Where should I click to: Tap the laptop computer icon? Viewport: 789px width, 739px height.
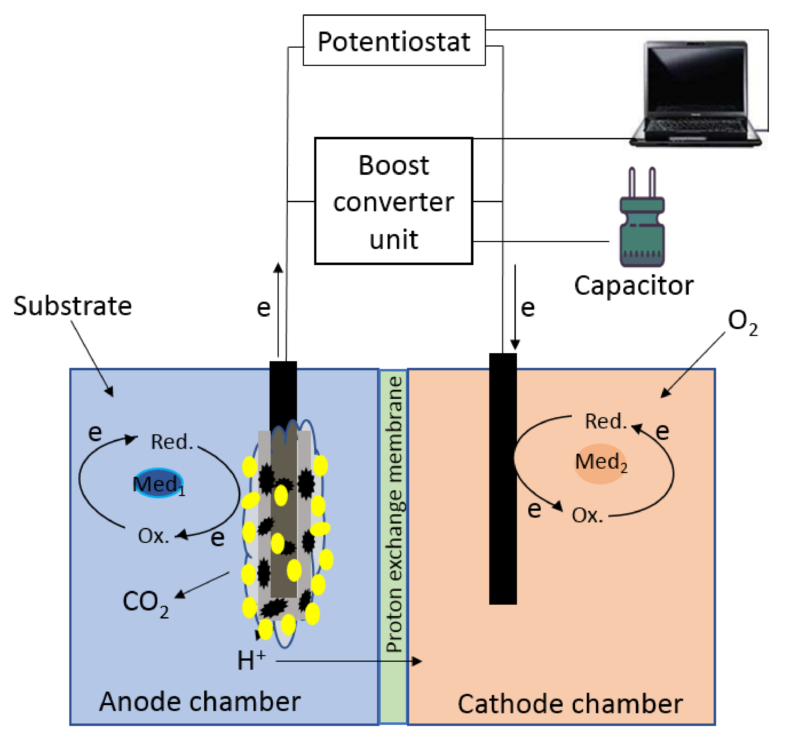695,94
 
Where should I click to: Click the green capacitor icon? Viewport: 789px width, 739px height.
642,222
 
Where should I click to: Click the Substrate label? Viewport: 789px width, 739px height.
73,306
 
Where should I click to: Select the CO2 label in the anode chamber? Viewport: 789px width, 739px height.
145,602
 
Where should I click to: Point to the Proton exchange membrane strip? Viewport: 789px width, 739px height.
393,516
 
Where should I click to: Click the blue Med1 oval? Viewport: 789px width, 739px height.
158,483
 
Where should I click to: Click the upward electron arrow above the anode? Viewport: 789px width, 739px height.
278,310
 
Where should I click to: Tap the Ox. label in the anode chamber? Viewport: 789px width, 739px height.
153,536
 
